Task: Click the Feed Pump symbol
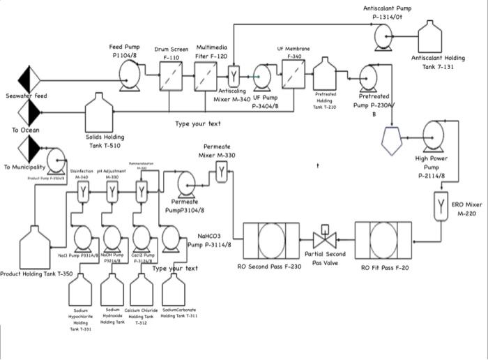point(129,72)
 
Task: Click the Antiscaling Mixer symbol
point(234,75)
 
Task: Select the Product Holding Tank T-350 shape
point(36,246)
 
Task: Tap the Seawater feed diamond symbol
point(30,79)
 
